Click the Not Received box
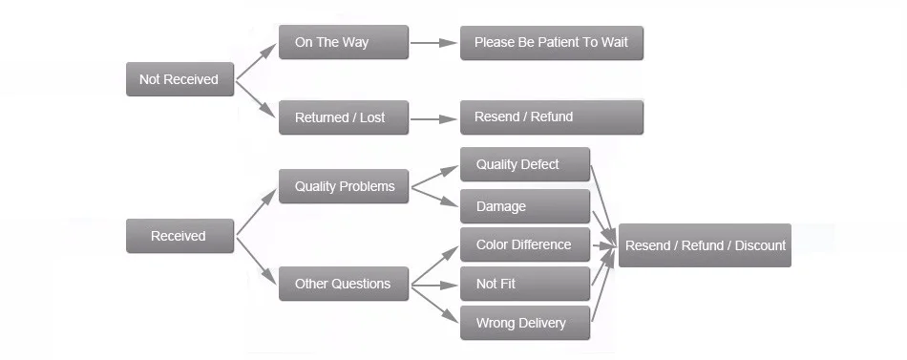(179, 79)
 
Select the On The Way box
(344, 42)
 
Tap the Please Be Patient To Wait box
(552, 42)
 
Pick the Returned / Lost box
(344, 117)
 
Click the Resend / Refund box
(552, 116)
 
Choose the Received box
(179, 236)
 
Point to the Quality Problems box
(344, 186)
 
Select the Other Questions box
(344, 284)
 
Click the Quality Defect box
(525, 164)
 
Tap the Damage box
(525, 206)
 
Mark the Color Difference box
(525, 244)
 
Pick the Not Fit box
(525, 284)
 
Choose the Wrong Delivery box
(525, 323)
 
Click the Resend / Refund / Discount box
(705, 245)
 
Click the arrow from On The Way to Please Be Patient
(433, 42)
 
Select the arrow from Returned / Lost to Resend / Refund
(433, 119)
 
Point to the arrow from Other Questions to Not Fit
(434, 286)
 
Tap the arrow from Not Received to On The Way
(256, 61)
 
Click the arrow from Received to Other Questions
(256, 261)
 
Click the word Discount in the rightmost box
(760, 245)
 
